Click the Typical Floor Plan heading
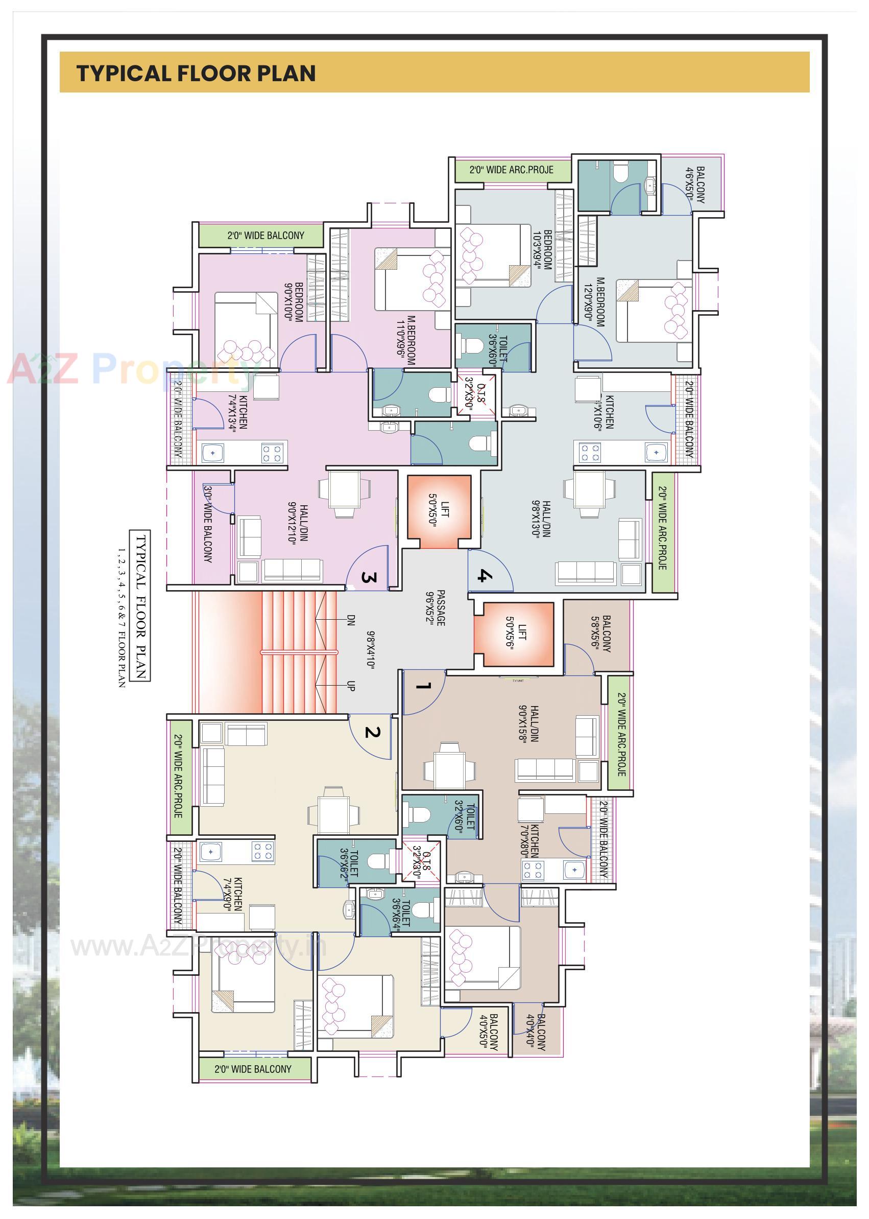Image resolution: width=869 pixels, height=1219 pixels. pyautogui.click(x=196, y=74)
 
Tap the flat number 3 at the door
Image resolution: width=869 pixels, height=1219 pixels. pyautogui.click(x=369, y=578)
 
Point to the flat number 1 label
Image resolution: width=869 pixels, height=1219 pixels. pyautogui.click(x=423, y=686)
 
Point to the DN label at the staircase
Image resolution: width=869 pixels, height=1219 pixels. pyautogui.click(x=351, y=620)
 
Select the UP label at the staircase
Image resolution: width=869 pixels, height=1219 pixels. pyautogui.click(x=351, y=686)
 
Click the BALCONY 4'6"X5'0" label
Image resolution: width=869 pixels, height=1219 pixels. pyautogui.click(x=695, y=184)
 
